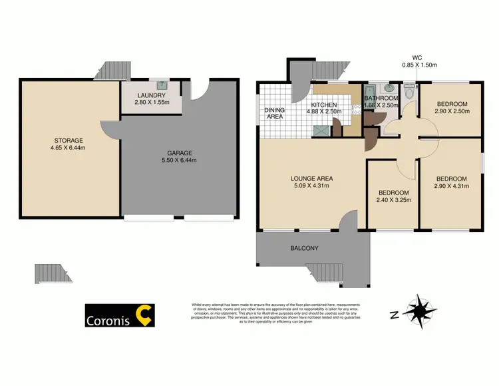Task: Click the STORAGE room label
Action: pos(69,140)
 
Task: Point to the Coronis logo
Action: pos(120,316)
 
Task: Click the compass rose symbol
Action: pos(420,311)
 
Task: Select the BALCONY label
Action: pos(303,248)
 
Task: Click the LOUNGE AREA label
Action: pos(311,178)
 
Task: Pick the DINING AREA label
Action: pos(274,113)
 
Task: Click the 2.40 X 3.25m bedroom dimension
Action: pos(393,199)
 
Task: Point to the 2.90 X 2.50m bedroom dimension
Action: pos(452,111)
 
